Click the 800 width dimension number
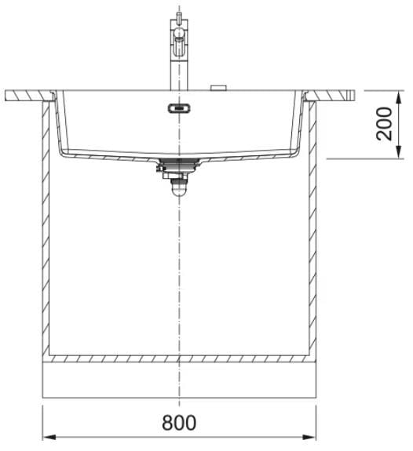(x=179, y=423)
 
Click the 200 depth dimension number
(x=384, y=124)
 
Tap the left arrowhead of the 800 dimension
(x=49, y=437)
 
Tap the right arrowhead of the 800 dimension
(x=309, y=437)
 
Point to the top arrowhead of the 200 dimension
(x=399, y=97)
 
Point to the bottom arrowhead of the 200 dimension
(x=399, y=152)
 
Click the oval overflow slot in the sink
(x=179, y=108)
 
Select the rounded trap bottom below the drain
(x=179, y=190)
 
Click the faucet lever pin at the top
(x=179, y=17)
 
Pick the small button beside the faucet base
(x=218, y=88)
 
